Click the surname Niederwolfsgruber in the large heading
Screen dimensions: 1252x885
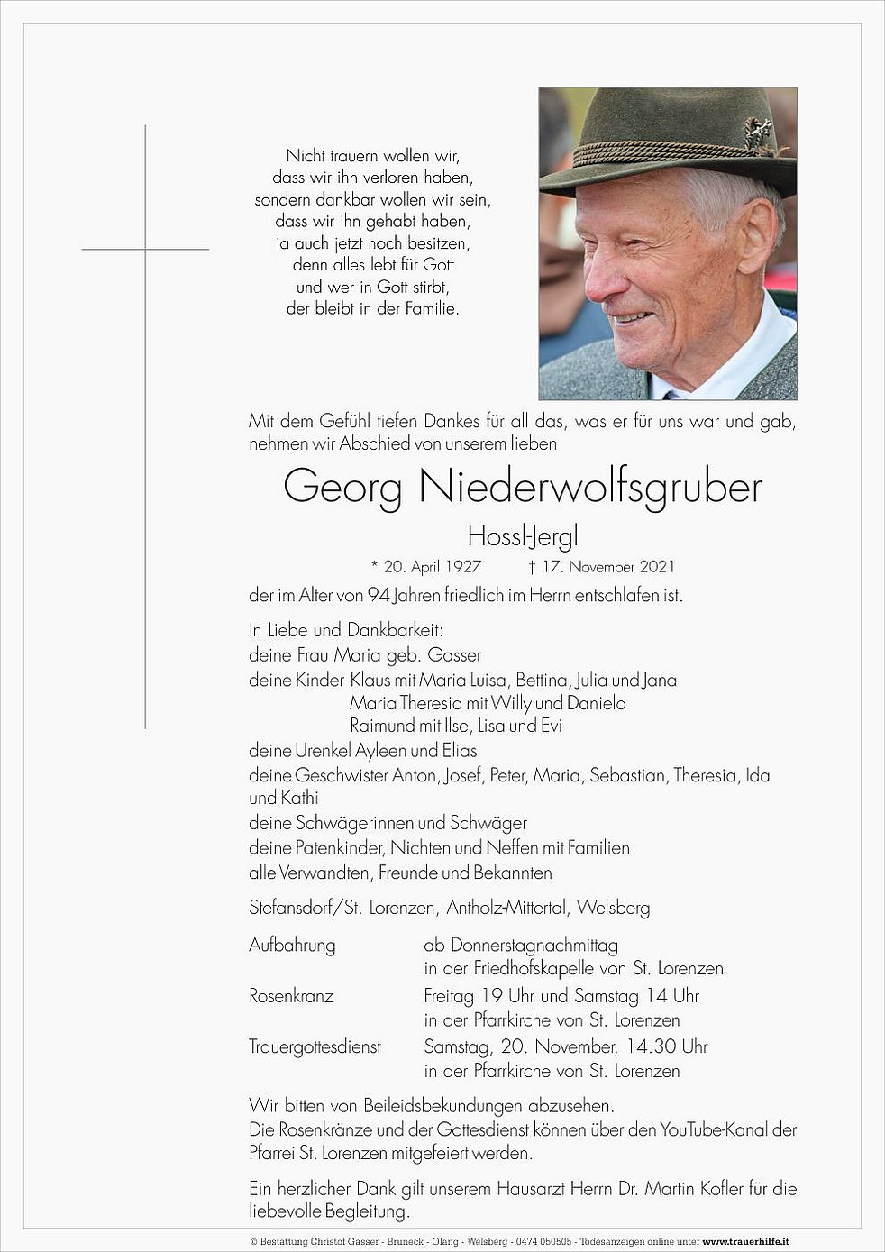pyautogui.click(x=591, y=488)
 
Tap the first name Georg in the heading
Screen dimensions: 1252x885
pyautogui.click(x=342, y=488)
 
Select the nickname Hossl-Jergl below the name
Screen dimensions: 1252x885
pyautogui.click(x=523, y=537)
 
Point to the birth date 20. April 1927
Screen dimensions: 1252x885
pyautogui.click(x=433, y=567)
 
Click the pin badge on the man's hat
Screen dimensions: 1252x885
pyautogui.click(x=758, y=134)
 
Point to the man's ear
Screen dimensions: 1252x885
pyautogui.click(x=755, y=237)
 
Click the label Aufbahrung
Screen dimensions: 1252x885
pyautogui.click(x=292, y=946)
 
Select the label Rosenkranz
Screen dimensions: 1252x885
pyautogui.click(x=291, y=996)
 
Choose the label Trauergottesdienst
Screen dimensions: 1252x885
pyautogui.click(x=315, y=1046)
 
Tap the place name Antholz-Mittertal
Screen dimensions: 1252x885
pyautogui.click(x=506, y=908)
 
